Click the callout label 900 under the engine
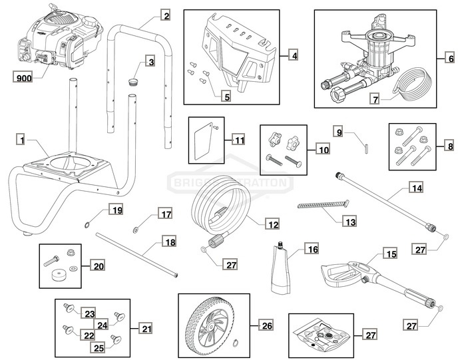pos(23,78)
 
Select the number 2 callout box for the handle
pos(166,15)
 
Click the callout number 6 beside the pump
pos(294,57)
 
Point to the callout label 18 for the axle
pos(170,242)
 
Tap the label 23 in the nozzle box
pos(89,312)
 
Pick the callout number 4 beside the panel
pos(294,57)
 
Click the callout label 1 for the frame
pos(22,140)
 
